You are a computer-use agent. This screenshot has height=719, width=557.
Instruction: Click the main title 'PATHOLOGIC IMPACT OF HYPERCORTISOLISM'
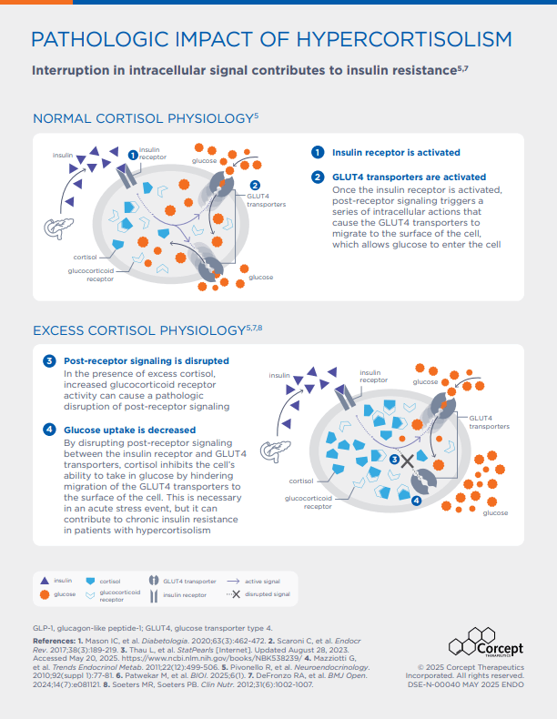pyautogui.click(x=270, y=39)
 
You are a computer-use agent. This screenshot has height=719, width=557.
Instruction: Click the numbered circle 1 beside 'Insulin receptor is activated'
pyautogui.click(x=318, y=153)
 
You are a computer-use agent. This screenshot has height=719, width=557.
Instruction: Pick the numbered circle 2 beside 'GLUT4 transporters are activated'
pyautogui.click(x=318, y=177)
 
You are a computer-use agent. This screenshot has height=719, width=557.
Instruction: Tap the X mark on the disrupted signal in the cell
pyautogui.click(x=407, y=461)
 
